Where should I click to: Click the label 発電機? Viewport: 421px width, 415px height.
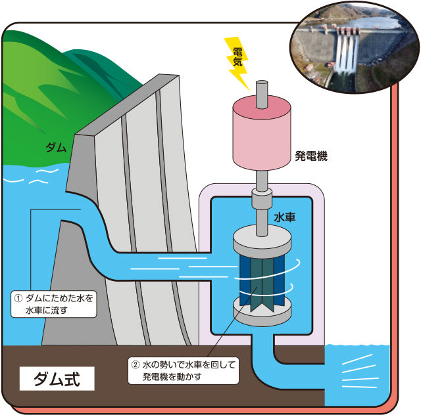click(311, 156)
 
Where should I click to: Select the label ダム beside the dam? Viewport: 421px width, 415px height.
click(55, 147)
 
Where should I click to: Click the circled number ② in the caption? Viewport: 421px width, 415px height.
click(135, 363)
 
